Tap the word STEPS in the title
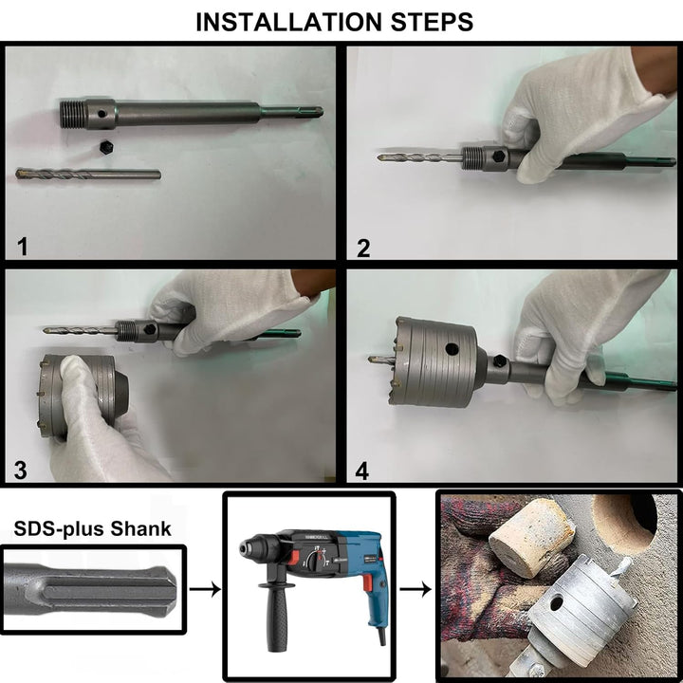tap(433, 22)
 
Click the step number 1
tap(22, 246)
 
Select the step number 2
tap(363, 248)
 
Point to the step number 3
tap(21, 471)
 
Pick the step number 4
tap(362, 471)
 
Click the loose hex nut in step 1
tap(105, 147)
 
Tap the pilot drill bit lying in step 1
tap(88, 175)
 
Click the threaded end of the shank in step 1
tap(72, 114)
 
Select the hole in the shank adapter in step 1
tap(102, 114)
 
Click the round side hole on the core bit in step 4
tap(452, 348)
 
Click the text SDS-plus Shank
tap(92, 528)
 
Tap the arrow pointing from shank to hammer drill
tap(205, 589)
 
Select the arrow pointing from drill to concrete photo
tap(415, 589)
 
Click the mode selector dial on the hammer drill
tap(315, 560)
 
